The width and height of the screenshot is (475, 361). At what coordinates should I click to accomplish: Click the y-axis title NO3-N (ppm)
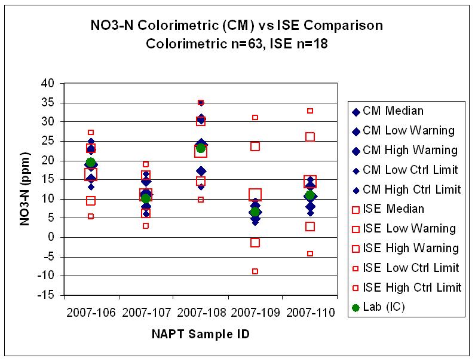25,189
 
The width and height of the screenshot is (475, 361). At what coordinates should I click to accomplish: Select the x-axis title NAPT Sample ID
200,334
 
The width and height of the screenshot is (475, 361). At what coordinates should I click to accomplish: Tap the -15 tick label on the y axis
48,295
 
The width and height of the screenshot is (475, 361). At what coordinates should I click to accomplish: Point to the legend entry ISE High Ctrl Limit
412,287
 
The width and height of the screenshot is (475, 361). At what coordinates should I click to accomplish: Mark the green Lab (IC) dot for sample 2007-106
91,163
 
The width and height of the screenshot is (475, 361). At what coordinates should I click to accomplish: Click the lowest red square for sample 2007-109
255,271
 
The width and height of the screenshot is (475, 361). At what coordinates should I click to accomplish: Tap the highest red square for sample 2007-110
310,111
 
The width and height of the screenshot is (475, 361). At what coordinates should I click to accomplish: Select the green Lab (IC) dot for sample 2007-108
201,148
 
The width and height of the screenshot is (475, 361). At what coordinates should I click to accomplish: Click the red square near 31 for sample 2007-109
255,118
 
